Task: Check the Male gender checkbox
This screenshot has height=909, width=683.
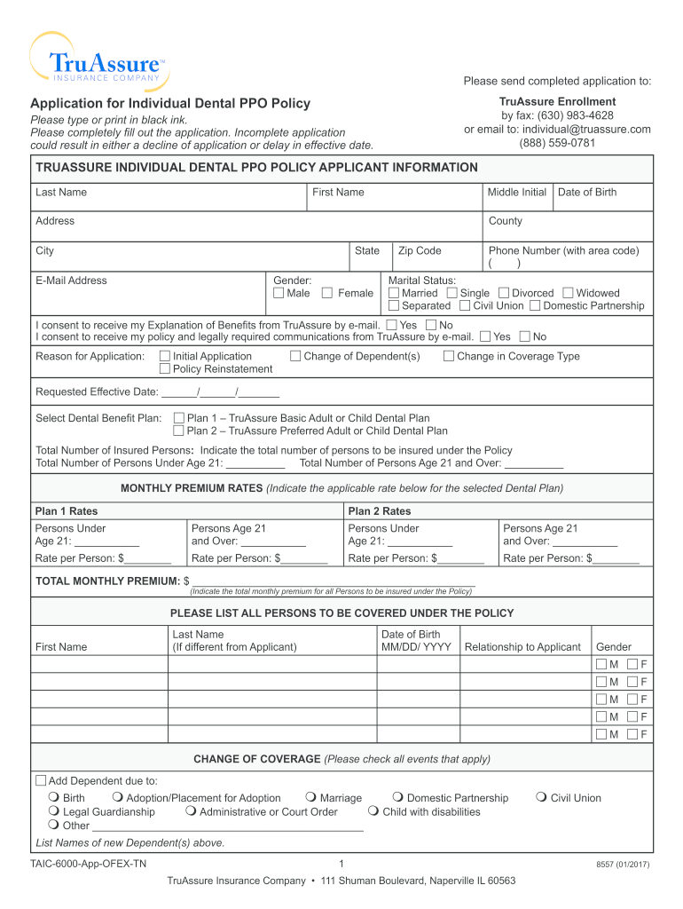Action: [279, 293]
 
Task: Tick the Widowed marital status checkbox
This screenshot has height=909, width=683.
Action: [568, 293]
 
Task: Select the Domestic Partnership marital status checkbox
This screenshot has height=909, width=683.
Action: [535, 305]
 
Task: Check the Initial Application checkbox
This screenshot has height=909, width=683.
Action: [165, 356]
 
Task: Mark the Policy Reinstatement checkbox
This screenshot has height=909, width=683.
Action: [165, 368]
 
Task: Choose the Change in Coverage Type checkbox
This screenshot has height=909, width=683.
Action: [449, 356]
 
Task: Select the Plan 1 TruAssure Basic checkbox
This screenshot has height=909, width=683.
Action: [179, 418]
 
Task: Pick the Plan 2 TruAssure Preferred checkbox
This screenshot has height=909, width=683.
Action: [179, 431]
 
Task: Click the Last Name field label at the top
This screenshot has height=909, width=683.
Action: [61, 193]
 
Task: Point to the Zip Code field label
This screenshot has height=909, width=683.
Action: [420, 251]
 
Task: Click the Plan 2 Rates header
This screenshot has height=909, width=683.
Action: [380, 511]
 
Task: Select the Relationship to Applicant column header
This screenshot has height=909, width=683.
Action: [522, 647]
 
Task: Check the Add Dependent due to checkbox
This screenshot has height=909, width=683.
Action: [41, 781]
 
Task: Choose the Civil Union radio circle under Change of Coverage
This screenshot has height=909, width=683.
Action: [542, 797]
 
